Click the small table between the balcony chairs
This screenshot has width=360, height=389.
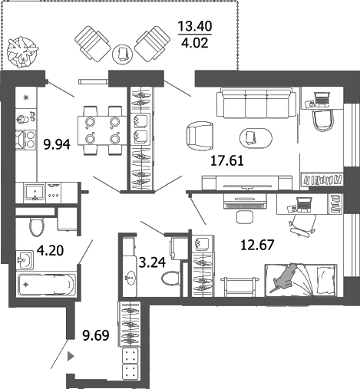point(123,52)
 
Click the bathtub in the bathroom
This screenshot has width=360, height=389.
point(47,285)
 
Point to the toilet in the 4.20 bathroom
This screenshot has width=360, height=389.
point(34,226)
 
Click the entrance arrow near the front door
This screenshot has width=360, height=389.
point(71,356)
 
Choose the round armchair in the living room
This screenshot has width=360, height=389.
point(201,139)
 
